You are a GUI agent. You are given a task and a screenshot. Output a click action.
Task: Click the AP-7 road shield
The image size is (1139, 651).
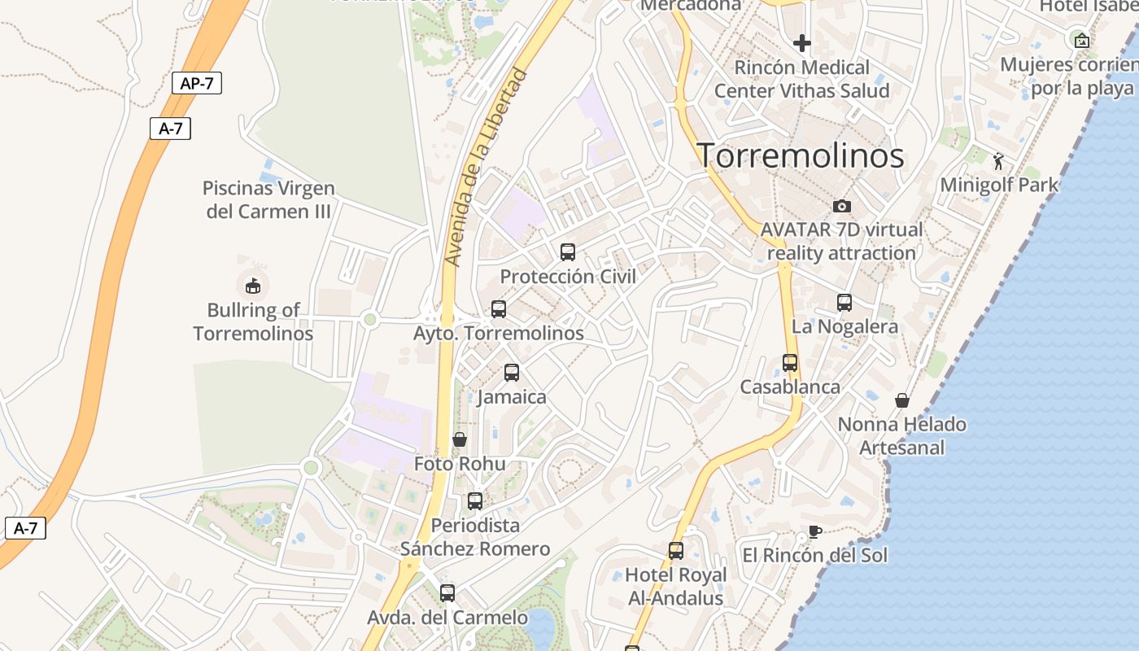(197, 83)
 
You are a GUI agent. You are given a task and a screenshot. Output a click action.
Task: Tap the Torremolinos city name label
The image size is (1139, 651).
(801, 155)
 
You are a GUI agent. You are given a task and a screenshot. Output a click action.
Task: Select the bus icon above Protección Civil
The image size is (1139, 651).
(568, 252)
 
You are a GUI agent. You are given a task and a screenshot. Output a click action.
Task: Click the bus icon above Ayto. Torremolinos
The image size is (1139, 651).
(499, 309)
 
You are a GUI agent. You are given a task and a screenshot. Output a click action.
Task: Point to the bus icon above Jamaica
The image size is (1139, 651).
(512, 373)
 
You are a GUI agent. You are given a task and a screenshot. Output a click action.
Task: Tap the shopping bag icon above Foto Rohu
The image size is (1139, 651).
(460, 439)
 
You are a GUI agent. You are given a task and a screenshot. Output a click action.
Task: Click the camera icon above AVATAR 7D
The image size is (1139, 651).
(841, 206)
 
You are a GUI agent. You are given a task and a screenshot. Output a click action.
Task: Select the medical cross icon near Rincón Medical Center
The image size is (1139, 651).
(802, 42)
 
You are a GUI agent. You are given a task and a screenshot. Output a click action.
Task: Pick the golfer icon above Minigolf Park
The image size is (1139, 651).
(999, 161)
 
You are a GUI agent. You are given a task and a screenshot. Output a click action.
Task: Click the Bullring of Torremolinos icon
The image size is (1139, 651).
(253, 286)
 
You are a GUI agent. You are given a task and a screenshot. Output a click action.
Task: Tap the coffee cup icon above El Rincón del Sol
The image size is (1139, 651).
(814, 532)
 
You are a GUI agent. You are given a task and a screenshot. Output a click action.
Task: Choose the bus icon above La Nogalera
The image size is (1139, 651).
(844, 303)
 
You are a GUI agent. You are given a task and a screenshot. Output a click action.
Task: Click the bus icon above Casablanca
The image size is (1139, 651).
(790, 363)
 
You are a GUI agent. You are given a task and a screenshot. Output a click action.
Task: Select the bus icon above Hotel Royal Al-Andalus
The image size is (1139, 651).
(676, 551)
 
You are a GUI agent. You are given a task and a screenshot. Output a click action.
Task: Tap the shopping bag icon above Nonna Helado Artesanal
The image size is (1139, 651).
(902, 400)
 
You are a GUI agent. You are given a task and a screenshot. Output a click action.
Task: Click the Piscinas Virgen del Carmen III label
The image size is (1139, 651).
(268, 199)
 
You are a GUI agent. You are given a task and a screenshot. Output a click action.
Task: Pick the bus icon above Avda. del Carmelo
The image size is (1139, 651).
(447, 593)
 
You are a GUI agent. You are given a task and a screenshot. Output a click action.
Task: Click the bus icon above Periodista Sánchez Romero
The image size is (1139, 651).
(475, 501)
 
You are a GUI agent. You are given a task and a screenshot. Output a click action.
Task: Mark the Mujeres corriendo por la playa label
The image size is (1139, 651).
(1069, 76)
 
